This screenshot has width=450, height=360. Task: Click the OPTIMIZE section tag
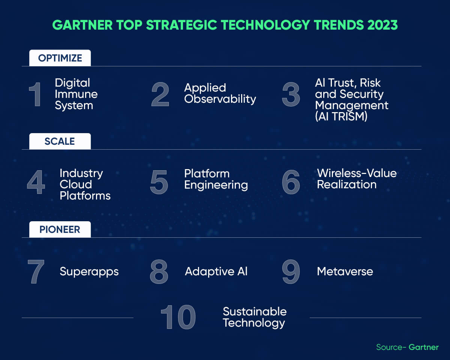pyautogui.click(x=60, y=58)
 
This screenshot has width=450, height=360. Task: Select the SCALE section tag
pyautogui.click(x=60, y=141)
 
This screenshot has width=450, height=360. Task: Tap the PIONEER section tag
pyautogui.click(x=60, y=229)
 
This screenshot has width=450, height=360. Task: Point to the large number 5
pyautogui.click(x=159, y=182)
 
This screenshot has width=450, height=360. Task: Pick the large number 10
pyautogui.click(x=178, y=317)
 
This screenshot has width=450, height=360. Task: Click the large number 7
pyautogui.click(x=36, y=271)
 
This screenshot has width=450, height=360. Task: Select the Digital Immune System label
pyautogui.click(x=76, y=94)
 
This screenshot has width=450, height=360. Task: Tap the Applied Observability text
pyautogui.click(x=220, y=93)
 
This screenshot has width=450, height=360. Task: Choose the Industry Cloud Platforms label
pyautogui.click(x=85, y=184)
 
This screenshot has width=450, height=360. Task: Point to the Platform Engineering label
pyautogui.click(x=216, y=179)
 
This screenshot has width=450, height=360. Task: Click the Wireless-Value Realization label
pyautogui.click(x=357, y=179)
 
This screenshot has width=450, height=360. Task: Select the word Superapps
pyautogui.click(x=89, y=271)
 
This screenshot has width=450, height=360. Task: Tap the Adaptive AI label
pyautogui.click(x=216, y=271)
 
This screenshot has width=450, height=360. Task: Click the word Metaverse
pyautogui.click(x=345, y=271)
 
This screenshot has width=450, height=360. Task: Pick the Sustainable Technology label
pyautogui.click(x=254, y=317)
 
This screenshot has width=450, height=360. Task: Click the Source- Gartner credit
pyautogui.click(x=407, y=347)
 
